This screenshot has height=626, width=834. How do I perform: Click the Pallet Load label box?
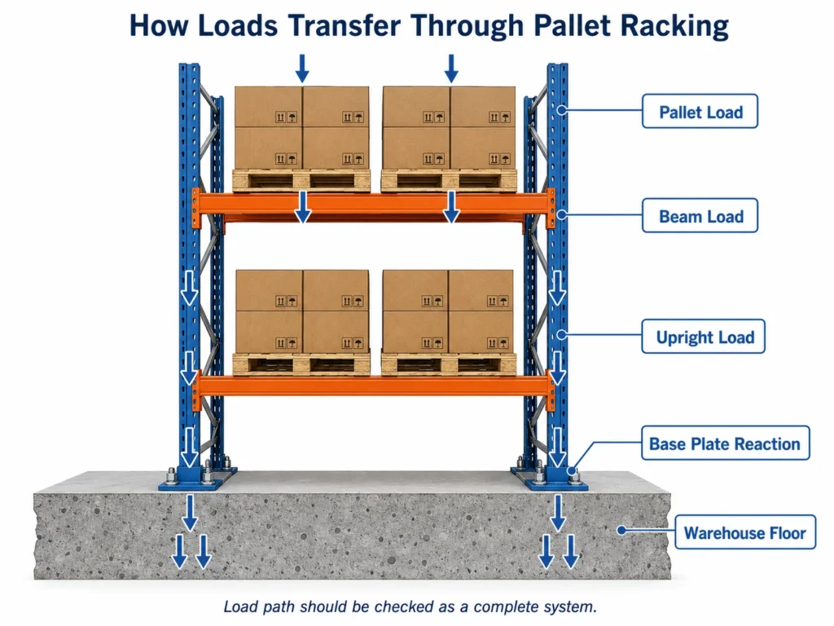(700, 111)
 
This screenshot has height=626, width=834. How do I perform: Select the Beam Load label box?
(700, 215)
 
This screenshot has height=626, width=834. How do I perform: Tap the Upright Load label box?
(703, 337)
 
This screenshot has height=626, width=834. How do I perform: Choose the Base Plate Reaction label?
(725, 443)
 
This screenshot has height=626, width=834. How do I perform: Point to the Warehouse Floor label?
(744, 531)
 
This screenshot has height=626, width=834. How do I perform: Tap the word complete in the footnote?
(505, 606)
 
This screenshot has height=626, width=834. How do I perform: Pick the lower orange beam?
(373, 386)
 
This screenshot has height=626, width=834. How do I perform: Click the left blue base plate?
(198, 478)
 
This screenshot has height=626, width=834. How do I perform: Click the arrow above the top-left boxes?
(302, 68)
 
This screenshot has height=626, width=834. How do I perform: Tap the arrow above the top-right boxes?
(451, 68)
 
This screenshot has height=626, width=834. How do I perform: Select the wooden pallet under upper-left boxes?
(301, 180)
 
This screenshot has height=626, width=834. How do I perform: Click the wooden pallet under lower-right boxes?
(449, 364)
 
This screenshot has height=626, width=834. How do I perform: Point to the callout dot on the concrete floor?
(621, 530)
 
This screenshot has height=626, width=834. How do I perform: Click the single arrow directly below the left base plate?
(190, 513)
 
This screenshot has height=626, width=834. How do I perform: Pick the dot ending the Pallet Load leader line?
(562, 110)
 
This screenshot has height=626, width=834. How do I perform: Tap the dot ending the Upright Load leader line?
(562, 335)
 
